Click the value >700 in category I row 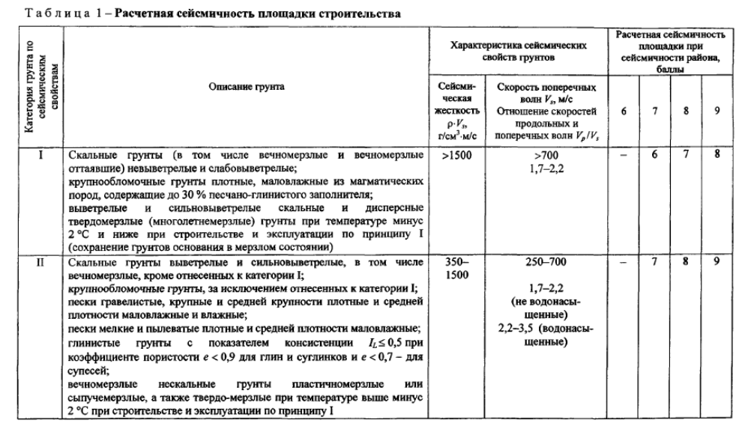point(547,156)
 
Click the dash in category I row point(624,156)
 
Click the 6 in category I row point(655,155)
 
